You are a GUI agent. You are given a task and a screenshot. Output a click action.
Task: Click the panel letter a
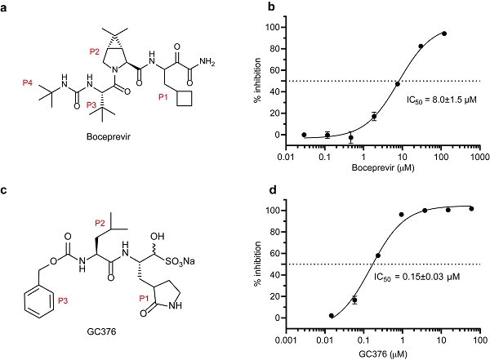[x=6, y=7]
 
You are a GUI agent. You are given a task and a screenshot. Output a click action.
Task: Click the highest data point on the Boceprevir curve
[x=445, y=33]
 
